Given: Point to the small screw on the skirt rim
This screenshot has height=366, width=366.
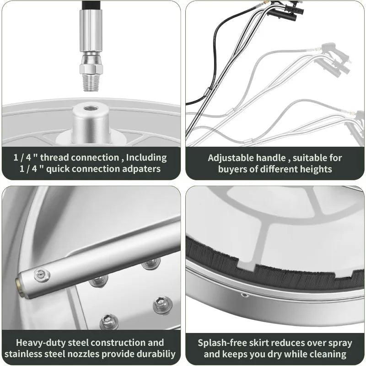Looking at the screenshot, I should [x=245, y=296].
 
